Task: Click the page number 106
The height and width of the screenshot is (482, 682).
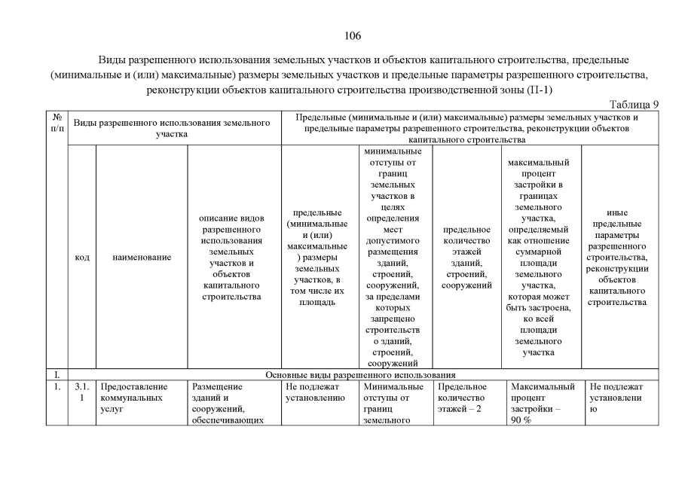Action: (x=353, y=36)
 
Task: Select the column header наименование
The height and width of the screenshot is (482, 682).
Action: (x=142, y=258)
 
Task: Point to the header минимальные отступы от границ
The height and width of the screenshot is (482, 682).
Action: (x=392, y=258)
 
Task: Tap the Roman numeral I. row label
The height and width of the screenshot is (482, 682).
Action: (x=56, y=374)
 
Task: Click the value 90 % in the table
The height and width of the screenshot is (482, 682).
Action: (x=521, y=420)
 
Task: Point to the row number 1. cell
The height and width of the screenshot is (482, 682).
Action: (x=57, y=387)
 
